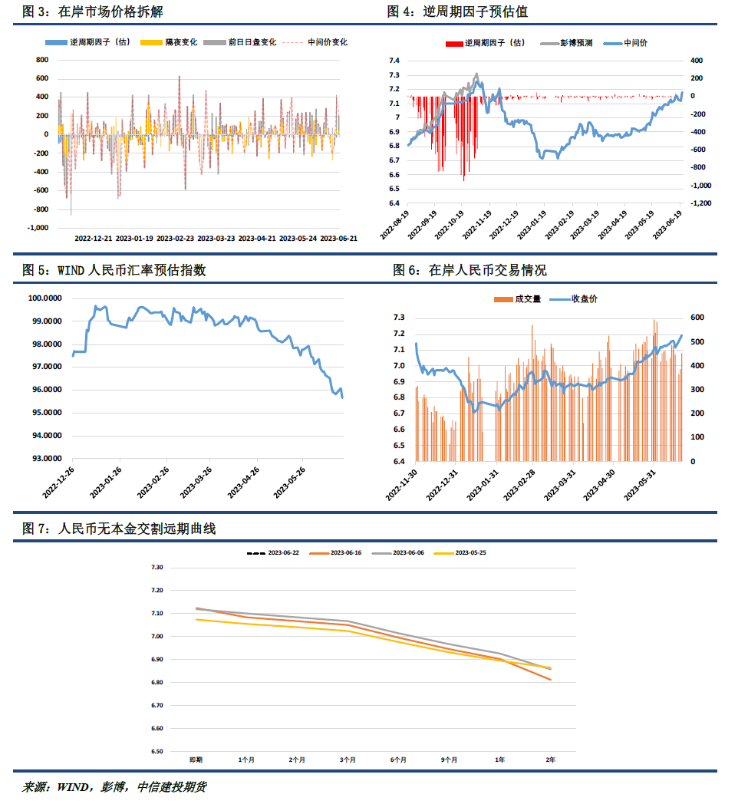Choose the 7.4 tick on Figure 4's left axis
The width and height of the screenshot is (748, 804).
394,61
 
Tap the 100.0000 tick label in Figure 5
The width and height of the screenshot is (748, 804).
44,298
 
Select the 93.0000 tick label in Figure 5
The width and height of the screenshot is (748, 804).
44,458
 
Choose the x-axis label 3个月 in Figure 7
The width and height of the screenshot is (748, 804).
348,760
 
